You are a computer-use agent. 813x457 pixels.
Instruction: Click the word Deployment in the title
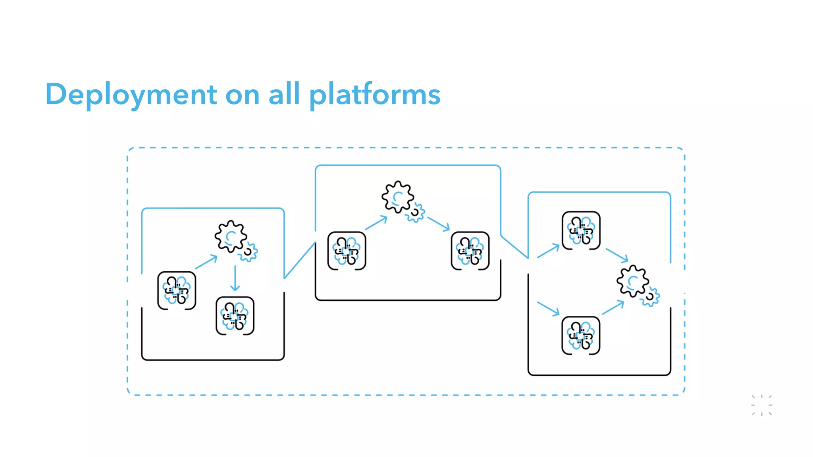coord(131,94)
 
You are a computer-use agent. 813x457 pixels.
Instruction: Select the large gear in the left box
coord(231,236)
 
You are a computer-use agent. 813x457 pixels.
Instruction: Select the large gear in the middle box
coord(397,197)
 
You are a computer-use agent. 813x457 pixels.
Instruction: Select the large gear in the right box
coord(632,281)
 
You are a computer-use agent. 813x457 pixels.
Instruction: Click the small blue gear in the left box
coord(249,252)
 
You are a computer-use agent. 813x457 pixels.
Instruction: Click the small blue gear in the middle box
coord(415,213)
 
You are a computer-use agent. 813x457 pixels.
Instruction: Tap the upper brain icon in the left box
coord(177,290)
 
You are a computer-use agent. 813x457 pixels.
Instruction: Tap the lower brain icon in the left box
coord(235,316)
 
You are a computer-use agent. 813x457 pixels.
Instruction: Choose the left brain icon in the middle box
coord(347,251)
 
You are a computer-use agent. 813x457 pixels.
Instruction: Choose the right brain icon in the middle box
coord(470,251)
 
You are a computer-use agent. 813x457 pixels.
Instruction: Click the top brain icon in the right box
coord(581,230)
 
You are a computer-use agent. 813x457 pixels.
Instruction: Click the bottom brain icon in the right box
coord(581,335)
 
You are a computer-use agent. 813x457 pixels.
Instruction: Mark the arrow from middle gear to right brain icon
coord(438,224)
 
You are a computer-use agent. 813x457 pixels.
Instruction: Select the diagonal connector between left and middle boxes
coord(300,260)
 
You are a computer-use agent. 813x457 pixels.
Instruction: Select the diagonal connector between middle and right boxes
coord(514,247)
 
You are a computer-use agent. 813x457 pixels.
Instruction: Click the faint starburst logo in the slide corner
coord(761,405)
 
